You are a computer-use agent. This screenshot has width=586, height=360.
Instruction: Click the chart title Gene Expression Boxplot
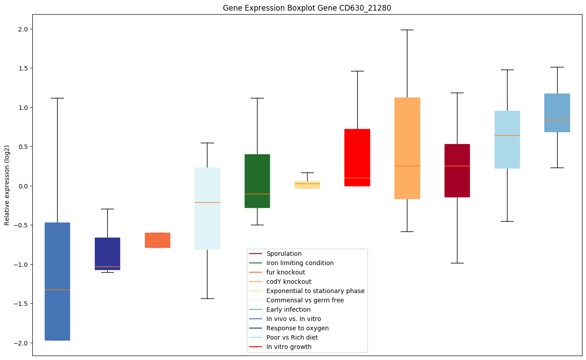(301, 8)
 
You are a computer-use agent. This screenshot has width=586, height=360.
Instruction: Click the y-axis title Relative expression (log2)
(7, 185)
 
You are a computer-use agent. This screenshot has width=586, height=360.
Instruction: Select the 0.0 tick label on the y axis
(21, 186)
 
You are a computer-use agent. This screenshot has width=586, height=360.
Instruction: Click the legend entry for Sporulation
(284, 254)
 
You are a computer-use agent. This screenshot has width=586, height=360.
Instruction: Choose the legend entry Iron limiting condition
(300, 263)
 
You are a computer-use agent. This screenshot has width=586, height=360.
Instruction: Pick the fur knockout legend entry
(285, 272)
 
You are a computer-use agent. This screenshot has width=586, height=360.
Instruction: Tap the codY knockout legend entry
(289, 282)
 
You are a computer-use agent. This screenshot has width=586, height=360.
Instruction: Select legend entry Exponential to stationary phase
(315, 291)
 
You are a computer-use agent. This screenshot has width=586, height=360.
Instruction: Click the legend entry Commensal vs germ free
(305, 300)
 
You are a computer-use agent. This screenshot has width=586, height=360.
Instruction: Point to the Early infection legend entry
(288, 309)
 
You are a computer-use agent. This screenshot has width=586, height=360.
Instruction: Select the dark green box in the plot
(257, 181)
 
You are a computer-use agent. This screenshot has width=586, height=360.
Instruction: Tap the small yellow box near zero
(307, 185)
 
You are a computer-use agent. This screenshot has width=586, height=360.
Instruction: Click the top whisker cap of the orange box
(407, 30)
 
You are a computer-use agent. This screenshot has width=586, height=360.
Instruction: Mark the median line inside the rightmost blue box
(557, 120)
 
